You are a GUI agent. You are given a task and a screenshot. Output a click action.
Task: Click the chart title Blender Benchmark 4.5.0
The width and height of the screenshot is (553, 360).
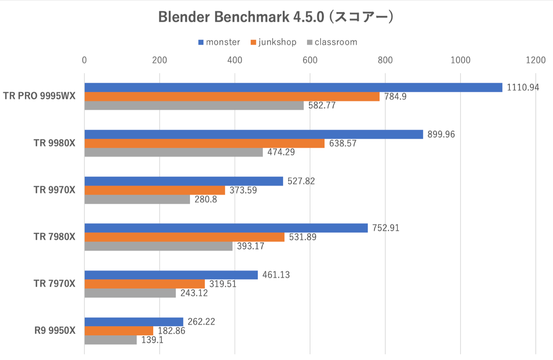pos(276,17)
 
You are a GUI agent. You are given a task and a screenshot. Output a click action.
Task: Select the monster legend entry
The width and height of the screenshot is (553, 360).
pos(219,42)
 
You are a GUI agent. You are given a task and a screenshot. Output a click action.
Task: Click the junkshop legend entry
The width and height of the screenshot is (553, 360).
pos(273,42)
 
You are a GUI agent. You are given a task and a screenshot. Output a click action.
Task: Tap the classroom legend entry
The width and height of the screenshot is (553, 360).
pos(332,42)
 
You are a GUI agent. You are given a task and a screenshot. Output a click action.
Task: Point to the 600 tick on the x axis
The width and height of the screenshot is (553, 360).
pos(310,60)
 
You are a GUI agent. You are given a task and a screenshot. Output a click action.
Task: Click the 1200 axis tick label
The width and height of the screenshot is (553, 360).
pos(535,60)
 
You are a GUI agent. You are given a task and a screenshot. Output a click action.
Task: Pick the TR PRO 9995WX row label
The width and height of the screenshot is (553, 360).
pos(39,96)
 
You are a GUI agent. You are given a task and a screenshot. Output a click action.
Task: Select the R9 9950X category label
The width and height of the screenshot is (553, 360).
pos(55,330)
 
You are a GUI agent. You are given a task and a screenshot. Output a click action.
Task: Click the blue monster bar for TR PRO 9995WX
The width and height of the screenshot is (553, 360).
pos(293,87)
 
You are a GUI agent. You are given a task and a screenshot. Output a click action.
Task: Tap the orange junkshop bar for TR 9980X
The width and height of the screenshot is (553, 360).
pos(204,143)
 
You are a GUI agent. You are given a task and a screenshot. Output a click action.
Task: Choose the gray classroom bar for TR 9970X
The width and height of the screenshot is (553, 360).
pos(137,199)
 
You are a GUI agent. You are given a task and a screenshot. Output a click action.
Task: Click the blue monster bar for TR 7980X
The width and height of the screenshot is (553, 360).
pos(226,228)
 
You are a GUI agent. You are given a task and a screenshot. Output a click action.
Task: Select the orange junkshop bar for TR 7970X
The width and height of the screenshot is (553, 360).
pos(145,284)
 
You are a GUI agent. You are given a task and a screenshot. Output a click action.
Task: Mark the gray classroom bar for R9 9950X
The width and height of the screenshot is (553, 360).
pos(111,340)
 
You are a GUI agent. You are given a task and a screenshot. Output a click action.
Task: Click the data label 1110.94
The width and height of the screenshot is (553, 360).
pos(523,87)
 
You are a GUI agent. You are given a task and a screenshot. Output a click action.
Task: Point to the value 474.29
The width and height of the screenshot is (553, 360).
pos(281,152)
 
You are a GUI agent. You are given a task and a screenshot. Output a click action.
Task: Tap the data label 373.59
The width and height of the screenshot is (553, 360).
pos(243,190)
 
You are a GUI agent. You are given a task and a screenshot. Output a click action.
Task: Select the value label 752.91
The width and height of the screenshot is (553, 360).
pos(386,228)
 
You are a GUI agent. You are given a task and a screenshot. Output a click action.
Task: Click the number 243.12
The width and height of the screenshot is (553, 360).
pos(194,293)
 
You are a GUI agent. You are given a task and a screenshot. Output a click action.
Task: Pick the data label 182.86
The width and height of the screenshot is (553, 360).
pos(171,331)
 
